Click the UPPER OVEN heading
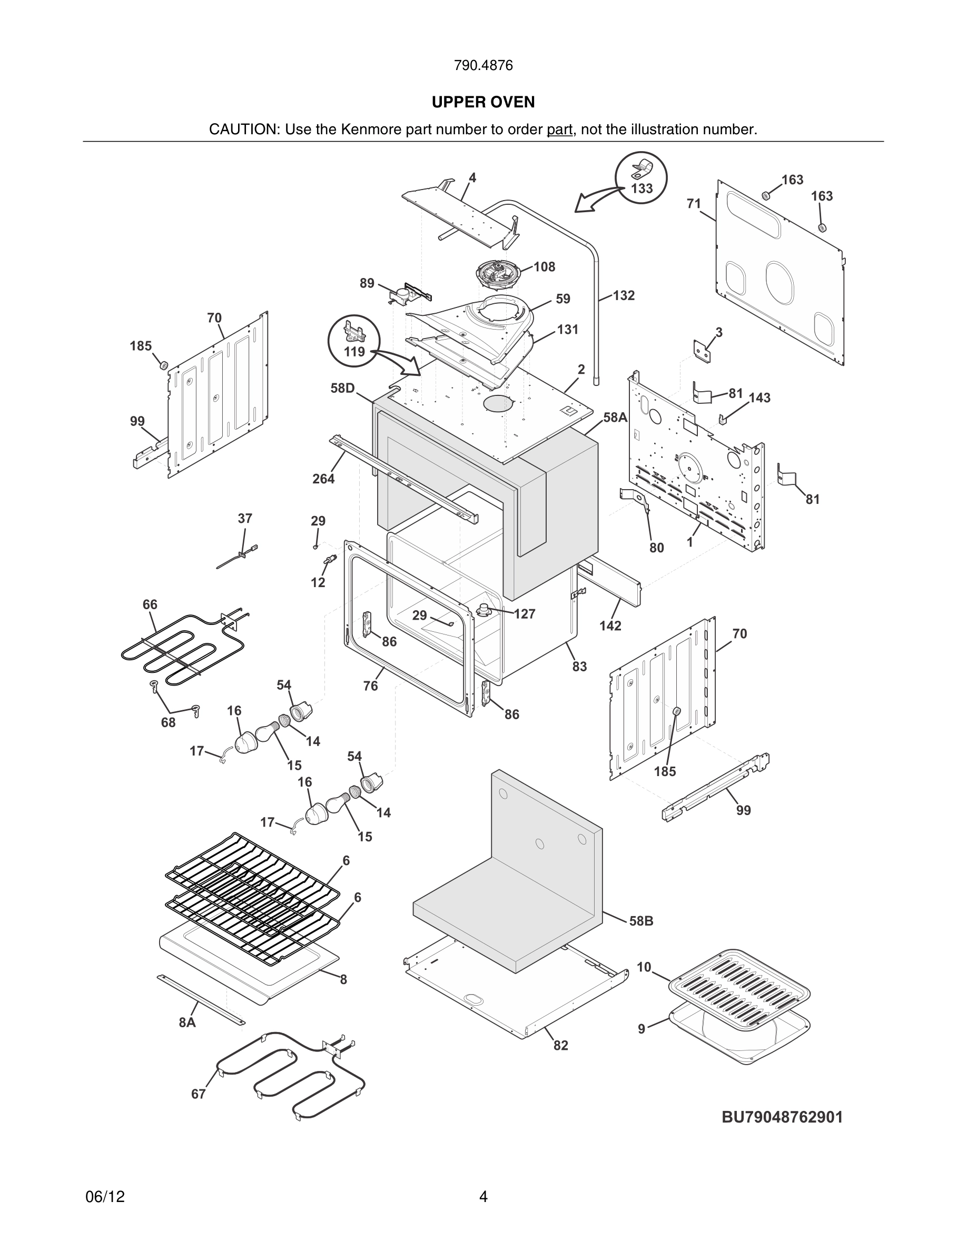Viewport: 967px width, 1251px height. (483, 102)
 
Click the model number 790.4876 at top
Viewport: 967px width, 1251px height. (483, 65)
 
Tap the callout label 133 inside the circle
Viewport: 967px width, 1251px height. (642, 188)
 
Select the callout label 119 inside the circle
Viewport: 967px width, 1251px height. (354, 351)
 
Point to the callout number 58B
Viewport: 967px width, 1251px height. (641, 921)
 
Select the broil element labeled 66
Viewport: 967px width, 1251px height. (183, 650)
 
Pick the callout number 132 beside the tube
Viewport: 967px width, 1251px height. (624, 295)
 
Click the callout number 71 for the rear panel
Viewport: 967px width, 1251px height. (694, 203)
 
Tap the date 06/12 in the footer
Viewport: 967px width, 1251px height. (105, 1197)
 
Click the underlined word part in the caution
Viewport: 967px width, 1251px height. (559, 130)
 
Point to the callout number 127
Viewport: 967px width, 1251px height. (524, 614)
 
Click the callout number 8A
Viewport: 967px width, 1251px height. (187, 1022)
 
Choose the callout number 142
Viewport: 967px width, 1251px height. (610, 625)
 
